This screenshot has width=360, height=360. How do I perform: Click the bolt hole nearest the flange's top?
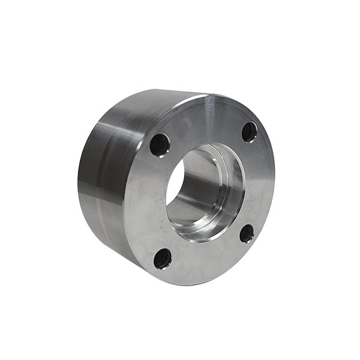pyautogui.click(x=250, y=131)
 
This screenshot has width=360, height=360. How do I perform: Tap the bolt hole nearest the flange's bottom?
pyautogui.click(x=163, y=259)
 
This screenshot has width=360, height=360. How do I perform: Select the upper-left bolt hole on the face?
pyautogui.click(x=160, y=145)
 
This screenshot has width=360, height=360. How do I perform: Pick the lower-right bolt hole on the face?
pyautogui.click(x=247, y=233)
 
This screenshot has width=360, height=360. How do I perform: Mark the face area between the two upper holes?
pyautogui.click(x=204, y=123)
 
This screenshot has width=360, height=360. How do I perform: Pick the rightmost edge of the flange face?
pyautogui.click(x=274, y=180)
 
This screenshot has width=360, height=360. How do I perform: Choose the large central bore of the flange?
pyautogui.click(x=204, y=192)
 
